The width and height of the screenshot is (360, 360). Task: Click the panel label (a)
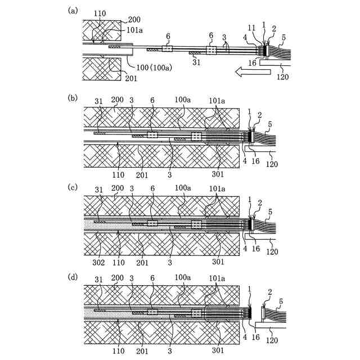click(71, 11)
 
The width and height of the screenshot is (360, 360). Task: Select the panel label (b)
click(71, 98)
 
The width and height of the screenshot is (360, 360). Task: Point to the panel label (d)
click(71, 277)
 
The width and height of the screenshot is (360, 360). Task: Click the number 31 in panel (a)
click(197, 62)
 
